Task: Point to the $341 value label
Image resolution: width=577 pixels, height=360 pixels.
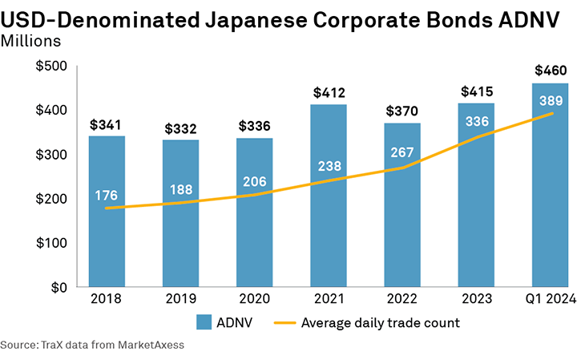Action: coord(107,125)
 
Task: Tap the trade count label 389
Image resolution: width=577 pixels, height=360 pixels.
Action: coord(551,101)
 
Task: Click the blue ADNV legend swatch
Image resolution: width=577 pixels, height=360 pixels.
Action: coord(203,323)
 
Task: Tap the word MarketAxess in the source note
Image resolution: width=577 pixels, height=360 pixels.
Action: coord(150,346)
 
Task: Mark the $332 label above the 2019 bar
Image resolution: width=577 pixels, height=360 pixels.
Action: coord(180,129)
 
